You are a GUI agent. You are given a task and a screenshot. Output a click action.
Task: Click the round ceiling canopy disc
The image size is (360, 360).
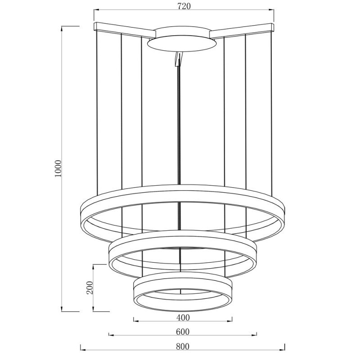click(x=182, y=44)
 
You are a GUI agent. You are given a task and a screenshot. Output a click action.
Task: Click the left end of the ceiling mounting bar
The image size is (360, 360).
click(x=95, y=26)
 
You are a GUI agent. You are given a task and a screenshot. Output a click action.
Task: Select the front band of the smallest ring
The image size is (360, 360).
click(x=183, y=309)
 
